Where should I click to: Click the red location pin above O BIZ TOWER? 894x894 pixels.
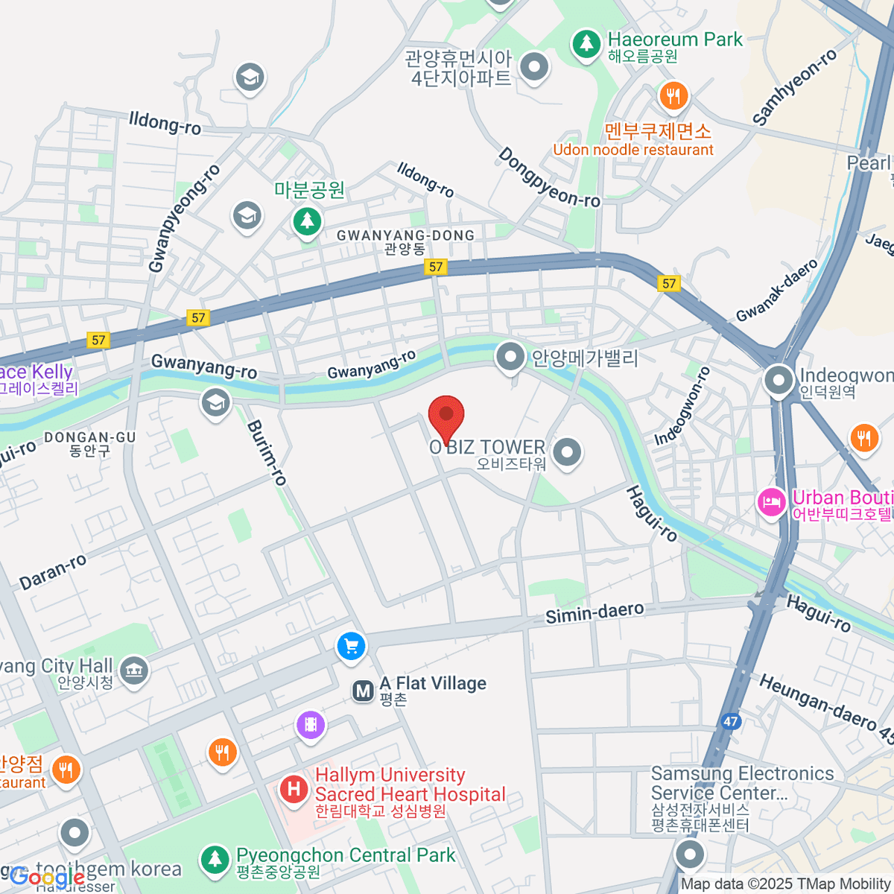(446, 416)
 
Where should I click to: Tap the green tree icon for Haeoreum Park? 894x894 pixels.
(586, 44)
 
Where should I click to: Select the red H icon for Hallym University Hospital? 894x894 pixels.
(294, 789)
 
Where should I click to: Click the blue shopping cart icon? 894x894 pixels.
(351, 646)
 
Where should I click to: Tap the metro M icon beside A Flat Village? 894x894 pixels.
(363, 691)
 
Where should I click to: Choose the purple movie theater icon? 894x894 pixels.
(310, 723)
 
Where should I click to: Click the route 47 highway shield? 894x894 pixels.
(731, 721)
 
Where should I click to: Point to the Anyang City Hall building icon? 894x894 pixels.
(134, 670)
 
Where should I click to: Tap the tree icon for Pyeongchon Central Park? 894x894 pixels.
(215, 859)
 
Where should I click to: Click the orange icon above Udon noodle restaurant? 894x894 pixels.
(673, 95)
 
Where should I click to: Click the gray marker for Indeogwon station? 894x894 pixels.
(779, 381)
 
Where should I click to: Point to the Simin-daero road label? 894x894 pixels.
(595, 613)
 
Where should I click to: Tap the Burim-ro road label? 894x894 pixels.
(267, 453)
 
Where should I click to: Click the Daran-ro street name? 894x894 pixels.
(53, 572)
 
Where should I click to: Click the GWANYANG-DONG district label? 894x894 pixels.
(405, 236)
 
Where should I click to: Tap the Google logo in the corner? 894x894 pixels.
(46, 877)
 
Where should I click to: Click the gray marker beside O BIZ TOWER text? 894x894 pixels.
(568, 452)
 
